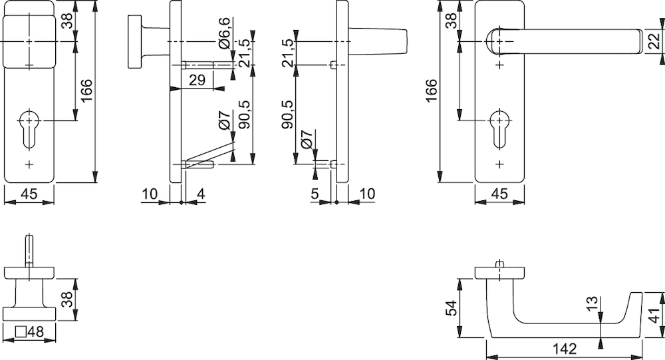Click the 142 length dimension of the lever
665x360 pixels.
coord(565,349)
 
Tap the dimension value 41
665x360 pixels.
coord(655,315)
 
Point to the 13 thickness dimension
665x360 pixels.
coord(593,303)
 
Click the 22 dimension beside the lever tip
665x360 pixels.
coord(655,41)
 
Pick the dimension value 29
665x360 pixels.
coord(197,80)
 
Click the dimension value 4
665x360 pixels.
coord(201,194)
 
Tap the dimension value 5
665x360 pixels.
coord(315,194)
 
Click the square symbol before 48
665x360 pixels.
coord(21,331)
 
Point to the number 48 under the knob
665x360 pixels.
coord(36,331)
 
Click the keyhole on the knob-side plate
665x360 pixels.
coord(29,128)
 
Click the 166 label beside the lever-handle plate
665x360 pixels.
coord(431,90)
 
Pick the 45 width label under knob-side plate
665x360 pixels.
coord(29,194)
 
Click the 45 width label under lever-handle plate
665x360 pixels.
coord(499,194)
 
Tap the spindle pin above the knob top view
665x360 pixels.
coord(29,250)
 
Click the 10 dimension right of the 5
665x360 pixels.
coord(367,194)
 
